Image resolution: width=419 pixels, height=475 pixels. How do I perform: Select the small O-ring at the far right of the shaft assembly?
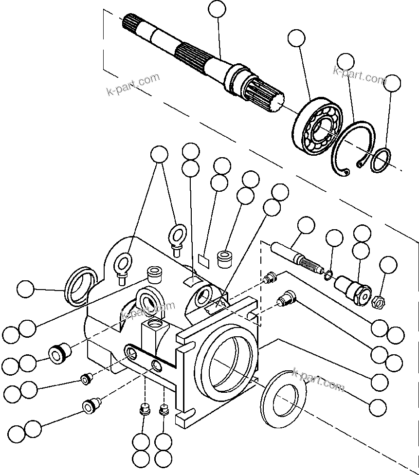pyautogui.click(x=381, y=160)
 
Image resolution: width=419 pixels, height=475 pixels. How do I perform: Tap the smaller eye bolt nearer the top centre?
pyautogui.click(x=177, y=237)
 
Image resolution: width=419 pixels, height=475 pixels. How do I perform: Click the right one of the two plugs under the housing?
pyautogui.click(x=164, y=410)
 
